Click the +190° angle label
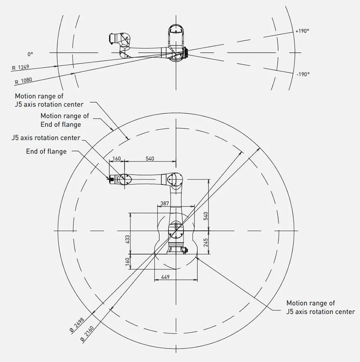click(x=302, y=31)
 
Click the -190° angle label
click(x=303, y=74)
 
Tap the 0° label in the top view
click(x=30, y=54)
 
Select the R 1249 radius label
click(x=20, y=67)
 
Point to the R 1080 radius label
click(x=23, y=81)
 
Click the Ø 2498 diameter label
click(x=77, y=325)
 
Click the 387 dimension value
click(x=165, y=203)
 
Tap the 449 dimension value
click(x=165, y=277)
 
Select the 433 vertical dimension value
click(x=127, y=240)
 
